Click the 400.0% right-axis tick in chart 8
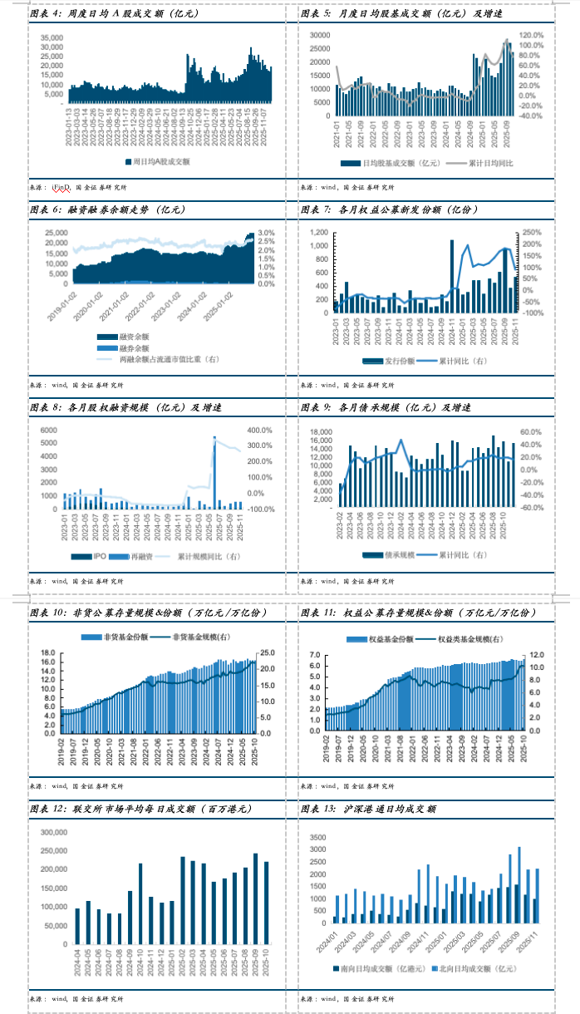[x=261, y=430]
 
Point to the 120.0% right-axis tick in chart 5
[x=532, y=36]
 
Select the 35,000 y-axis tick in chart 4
[x=52, y=37]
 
